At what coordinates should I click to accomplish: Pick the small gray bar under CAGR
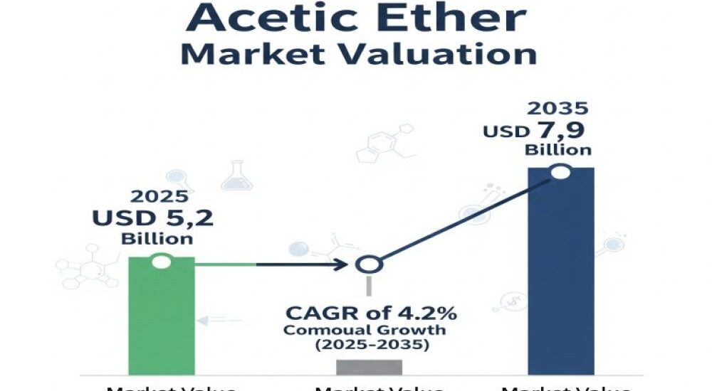(369, 366)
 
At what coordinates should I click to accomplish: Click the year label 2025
(159, 197)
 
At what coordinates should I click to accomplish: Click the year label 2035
(557, 109)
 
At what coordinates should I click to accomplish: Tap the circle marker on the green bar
(162, 262)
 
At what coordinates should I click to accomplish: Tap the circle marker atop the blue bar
(561, 171)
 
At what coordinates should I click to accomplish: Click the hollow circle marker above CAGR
(369, 265)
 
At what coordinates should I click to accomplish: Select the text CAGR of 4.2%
(371, 313)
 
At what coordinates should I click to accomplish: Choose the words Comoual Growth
(365, 331)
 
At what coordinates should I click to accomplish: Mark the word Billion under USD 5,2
(157, 239)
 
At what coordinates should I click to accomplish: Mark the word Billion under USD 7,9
(558, 150)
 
